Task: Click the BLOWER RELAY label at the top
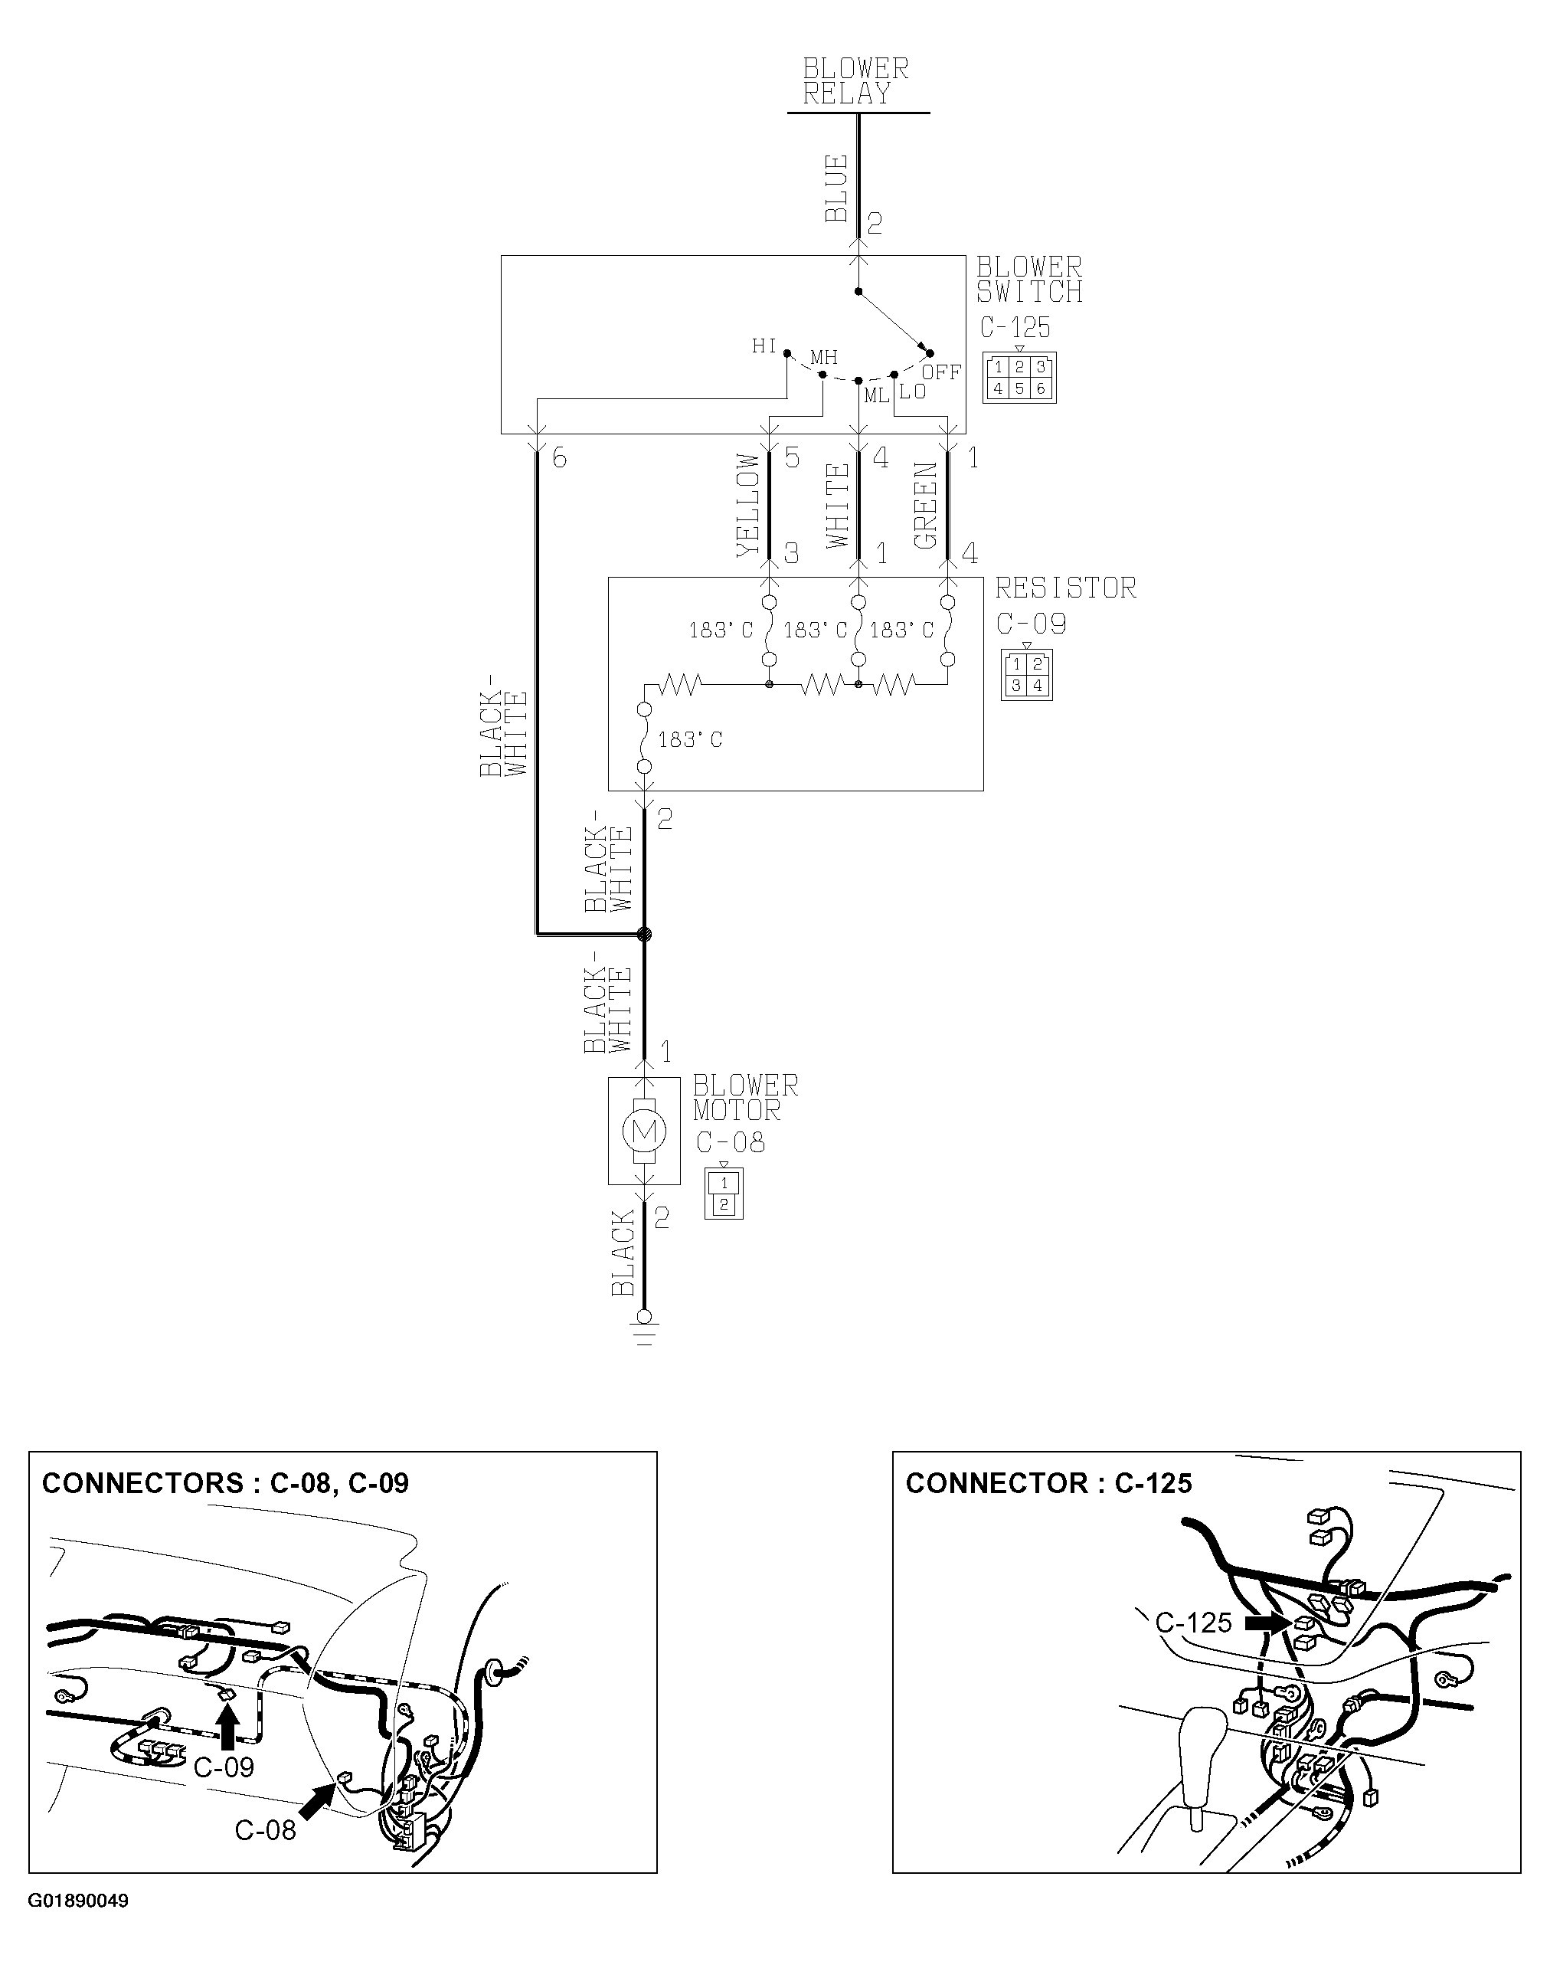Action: click(855, 82)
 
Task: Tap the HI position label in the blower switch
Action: click(764, 346)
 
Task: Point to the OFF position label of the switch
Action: click(941, 372)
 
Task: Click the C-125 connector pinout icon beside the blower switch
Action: click(1019, 378)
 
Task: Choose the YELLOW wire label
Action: click(747, 505)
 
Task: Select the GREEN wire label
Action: click(926, 506)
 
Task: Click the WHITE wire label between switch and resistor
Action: click(838, 506)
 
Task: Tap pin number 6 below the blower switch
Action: click(559, 458)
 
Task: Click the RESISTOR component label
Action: click(1065, 588)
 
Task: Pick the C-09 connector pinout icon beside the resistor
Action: click(1026, 674)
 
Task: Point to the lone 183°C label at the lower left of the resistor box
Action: click(690, 740)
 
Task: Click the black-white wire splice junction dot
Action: click(644, 933)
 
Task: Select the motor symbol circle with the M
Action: click(644, 1131)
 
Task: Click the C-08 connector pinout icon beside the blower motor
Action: click(723, 1194)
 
